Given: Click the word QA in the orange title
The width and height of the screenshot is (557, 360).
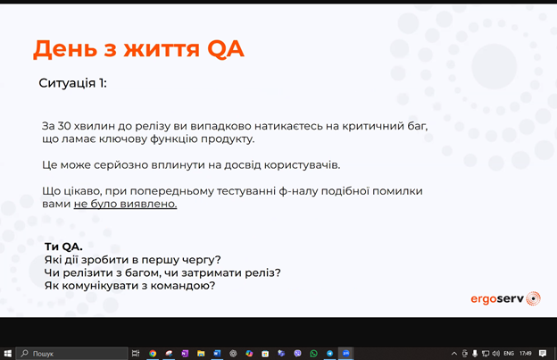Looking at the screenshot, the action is [225, 49].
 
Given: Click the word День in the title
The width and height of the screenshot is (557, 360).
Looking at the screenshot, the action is [65, 49].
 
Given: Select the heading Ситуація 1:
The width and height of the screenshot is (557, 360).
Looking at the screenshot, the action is [73, 83].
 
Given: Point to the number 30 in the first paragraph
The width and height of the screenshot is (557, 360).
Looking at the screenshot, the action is [64, 126].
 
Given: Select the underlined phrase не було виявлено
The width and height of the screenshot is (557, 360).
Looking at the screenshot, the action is [125, 204].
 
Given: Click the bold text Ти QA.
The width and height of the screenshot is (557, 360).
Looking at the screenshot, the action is [63, 247].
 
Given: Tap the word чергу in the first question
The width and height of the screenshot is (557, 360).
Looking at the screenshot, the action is [202, 260].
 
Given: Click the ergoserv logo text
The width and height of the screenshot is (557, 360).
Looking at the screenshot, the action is [497, 299].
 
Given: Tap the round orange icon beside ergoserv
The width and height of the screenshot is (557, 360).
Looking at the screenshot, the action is [533, 298].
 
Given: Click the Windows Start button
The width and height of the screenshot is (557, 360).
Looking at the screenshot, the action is [7, 353].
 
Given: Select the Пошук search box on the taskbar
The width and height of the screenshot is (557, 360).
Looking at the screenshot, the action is [72, 353].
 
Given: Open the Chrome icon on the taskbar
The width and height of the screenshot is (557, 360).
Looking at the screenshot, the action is [153, 353].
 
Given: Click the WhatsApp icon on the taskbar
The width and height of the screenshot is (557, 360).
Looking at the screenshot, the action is [313, 353].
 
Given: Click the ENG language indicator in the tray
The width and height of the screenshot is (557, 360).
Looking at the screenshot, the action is [509, 353].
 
